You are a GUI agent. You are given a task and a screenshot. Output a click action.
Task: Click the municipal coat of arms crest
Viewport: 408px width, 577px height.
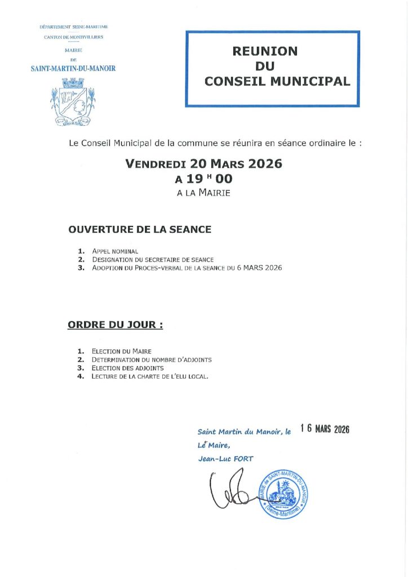[x=73, y=101]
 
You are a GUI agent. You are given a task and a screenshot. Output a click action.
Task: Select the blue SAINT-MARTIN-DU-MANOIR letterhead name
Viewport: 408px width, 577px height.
[x=73, y=69]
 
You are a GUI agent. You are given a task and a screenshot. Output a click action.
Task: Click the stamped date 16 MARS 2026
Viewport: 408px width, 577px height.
[x=325, y=429]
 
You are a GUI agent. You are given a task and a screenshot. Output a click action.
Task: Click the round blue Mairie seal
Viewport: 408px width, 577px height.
[x=283, y=494]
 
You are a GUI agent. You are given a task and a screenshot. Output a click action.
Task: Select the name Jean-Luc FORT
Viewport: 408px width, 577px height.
[x=225, y=459]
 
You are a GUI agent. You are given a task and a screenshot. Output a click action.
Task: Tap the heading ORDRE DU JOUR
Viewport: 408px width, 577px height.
[x=116, y=325]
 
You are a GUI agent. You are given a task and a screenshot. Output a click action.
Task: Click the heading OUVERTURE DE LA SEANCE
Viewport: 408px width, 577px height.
[x=140, y=229]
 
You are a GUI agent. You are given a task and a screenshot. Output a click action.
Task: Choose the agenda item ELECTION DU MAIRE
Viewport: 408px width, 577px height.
[x=122, y=351]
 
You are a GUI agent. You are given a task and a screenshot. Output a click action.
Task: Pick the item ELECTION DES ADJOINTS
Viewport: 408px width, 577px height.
[x=128, y=368]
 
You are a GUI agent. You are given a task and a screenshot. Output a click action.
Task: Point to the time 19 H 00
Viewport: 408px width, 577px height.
[x=203, y=179]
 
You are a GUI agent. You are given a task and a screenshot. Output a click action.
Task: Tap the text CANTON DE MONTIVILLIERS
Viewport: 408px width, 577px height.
[x=73, y=38]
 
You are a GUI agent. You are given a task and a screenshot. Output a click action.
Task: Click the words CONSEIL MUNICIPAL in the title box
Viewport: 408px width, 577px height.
[x=277, y=81]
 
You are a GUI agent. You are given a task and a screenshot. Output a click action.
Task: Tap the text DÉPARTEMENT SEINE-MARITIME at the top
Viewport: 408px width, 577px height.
[x=73, y=26]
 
